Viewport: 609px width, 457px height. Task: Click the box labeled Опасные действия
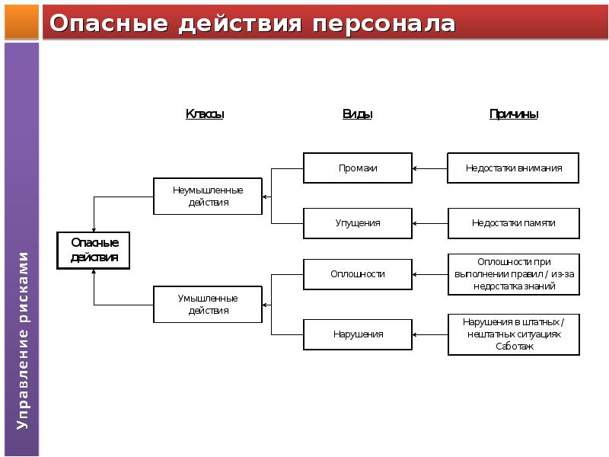94,250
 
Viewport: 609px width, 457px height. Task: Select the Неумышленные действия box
208,197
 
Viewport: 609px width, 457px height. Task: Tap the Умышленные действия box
208,304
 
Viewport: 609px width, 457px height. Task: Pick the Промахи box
357,168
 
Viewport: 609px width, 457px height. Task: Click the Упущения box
357,223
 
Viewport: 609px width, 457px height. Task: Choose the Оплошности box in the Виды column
357,273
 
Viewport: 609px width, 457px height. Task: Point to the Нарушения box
357,334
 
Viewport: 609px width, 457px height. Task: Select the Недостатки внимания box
514,168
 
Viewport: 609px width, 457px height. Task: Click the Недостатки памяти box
514,223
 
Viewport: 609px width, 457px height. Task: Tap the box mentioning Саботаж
514,334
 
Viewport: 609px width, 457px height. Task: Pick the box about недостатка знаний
514,274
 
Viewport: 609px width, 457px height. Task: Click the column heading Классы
205,114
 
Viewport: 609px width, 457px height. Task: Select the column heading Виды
357,114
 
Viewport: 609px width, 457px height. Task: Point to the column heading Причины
514,114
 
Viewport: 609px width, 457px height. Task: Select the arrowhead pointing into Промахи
415,168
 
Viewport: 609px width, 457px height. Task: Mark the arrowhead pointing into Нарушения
415,334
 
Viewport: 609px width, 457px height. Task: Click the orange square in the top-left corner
21,21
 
